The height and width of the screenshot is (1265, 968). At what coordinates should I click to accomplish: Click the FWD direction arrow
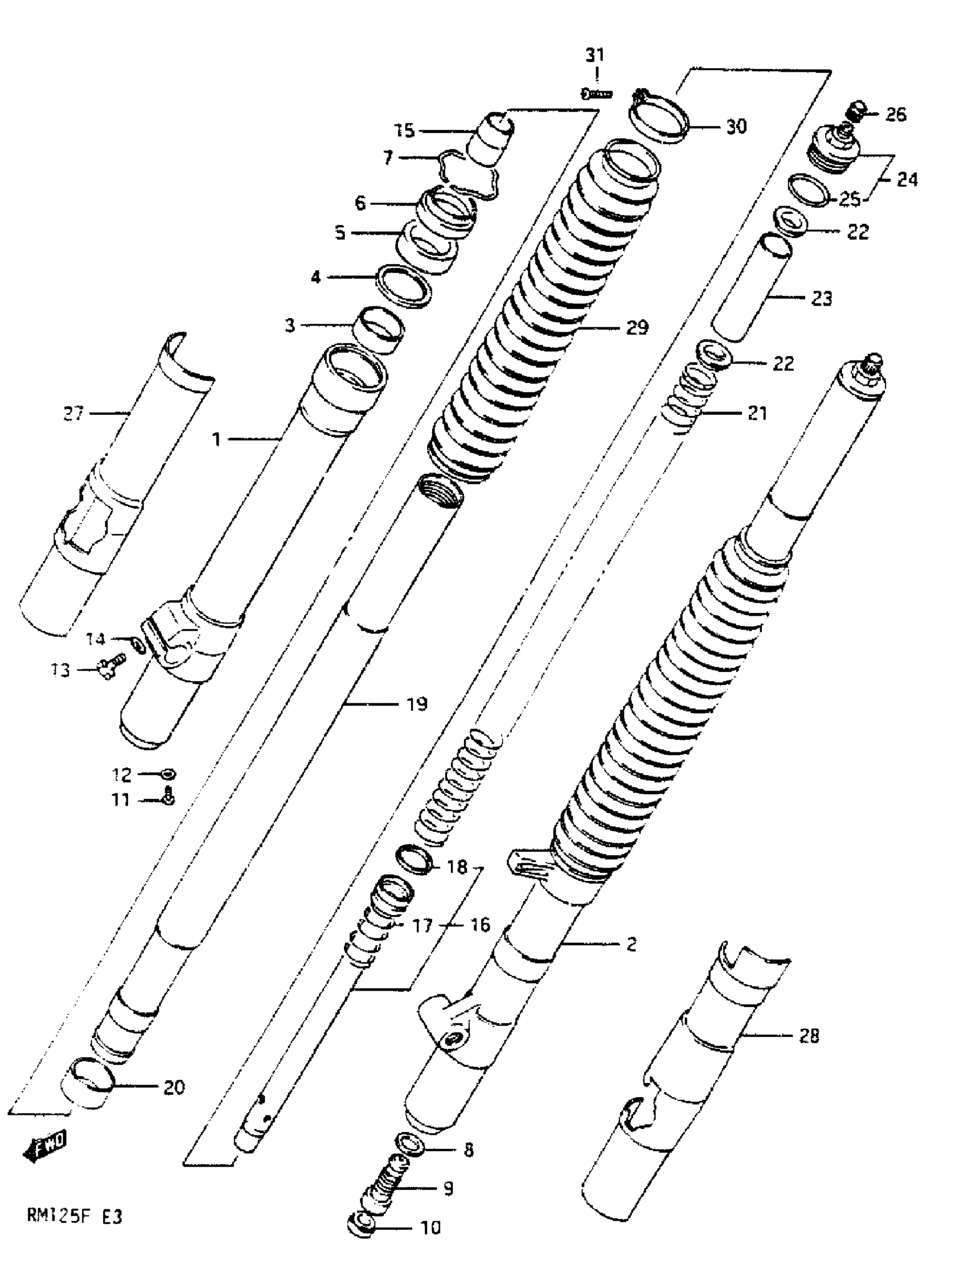45,1146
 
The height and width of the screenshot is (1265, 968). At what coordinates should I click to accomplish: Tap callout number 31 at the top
595,56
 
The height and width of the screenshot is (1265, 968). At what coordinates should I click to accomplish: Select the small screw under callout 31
596,93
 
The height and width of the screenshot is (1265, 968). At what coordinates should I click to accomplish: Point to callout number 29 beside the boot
637,327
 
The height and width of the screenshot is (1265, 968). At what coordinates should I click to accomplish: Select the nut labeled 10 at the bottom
360,1228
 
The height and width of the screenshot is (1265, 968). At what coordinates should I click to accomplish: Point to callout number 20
174,1087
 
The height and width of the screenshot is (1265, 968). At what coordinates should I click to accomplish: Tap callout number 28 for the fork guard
809,1036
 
